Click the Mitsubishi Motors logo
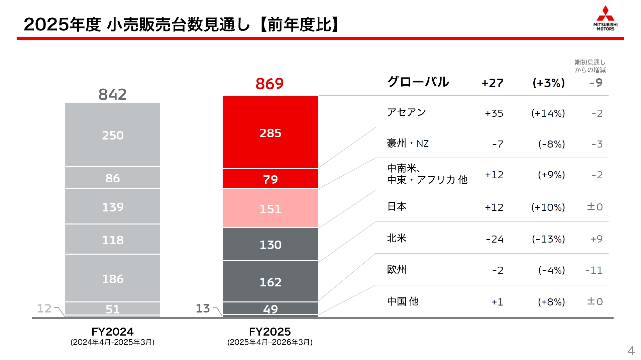[605, 18]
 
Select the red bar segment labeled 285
[270, 133]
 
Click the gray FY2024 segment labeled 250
[113, 135]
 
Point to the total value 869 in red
[270, 84]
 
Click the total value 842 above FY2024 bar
[112, 94]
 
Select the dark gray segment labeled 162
[270, 282]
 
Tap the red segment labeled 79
[270, 179]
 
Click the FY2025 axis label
[270, 332]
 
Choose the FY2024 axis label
[112, 332]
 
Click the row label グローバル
[418, 82]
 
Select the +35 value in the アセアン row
[494, 113]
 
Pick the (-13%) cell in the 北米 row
[548, 239]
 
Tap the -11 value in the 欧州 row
[594, 270]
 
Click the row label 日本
[397, 206]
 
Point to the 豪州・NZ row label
[408, 144]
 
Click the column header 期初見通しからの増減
[590, 66]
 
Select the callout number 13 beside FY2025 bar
[203, 308]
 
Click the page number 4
[631, 350]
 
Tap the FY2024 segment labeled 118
[113, 240]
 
